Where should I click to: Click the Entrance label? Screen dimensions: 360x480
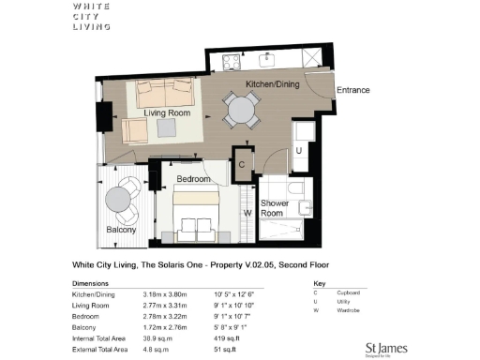354,91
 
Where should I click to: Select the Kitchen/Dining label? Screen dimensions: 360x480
271,84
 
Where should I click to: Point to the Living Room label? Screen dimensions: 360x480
167,113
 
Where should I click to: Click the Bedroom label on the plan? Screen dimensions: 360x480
196,177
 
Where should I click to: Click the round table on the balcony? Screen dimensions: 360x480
119,200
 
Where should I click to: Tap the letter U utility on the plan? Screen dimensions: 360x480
298,150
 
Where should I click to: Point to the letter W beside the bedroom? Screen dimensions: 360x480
247,212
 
